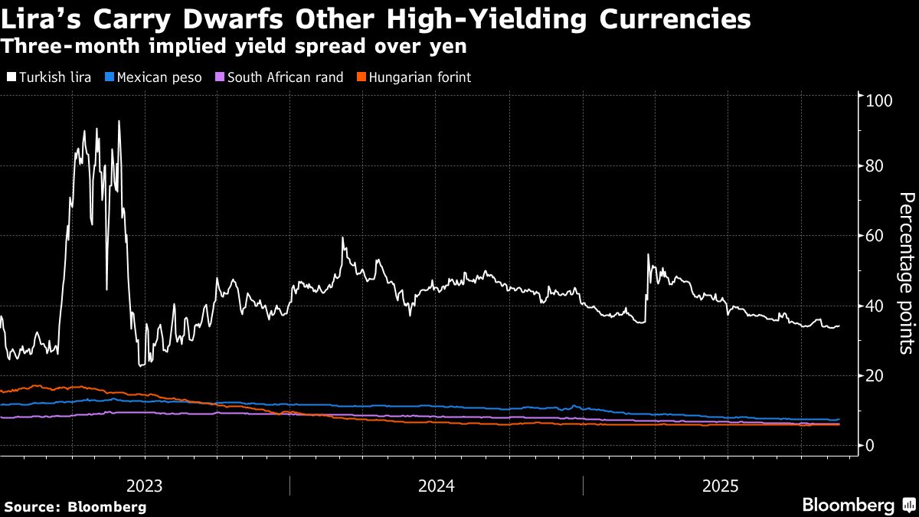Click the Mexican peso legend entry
coord(152,77)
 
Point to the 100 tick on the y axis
coord(877,100)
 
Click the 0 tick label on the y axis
coord(869,445)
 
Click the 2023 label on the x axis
coord(144,486)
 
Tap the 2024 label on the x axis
coord(436,486)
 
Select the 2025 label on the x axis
coord(721,486)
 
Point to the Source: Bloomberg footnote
coord(75,506)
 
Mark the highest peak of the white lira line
coord(119,121)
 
